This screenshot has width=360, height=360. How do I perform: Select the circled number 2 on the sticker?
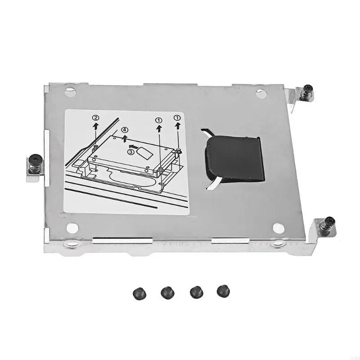coord(96,118)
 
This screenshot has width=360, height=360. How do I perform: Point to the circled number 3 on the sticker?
coord(130,152)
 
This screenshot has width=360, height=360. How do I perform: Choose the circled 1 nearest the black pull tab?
coord(177,118)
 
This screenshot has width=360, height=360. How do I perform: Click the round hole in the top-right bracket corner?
coord(260,93)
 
